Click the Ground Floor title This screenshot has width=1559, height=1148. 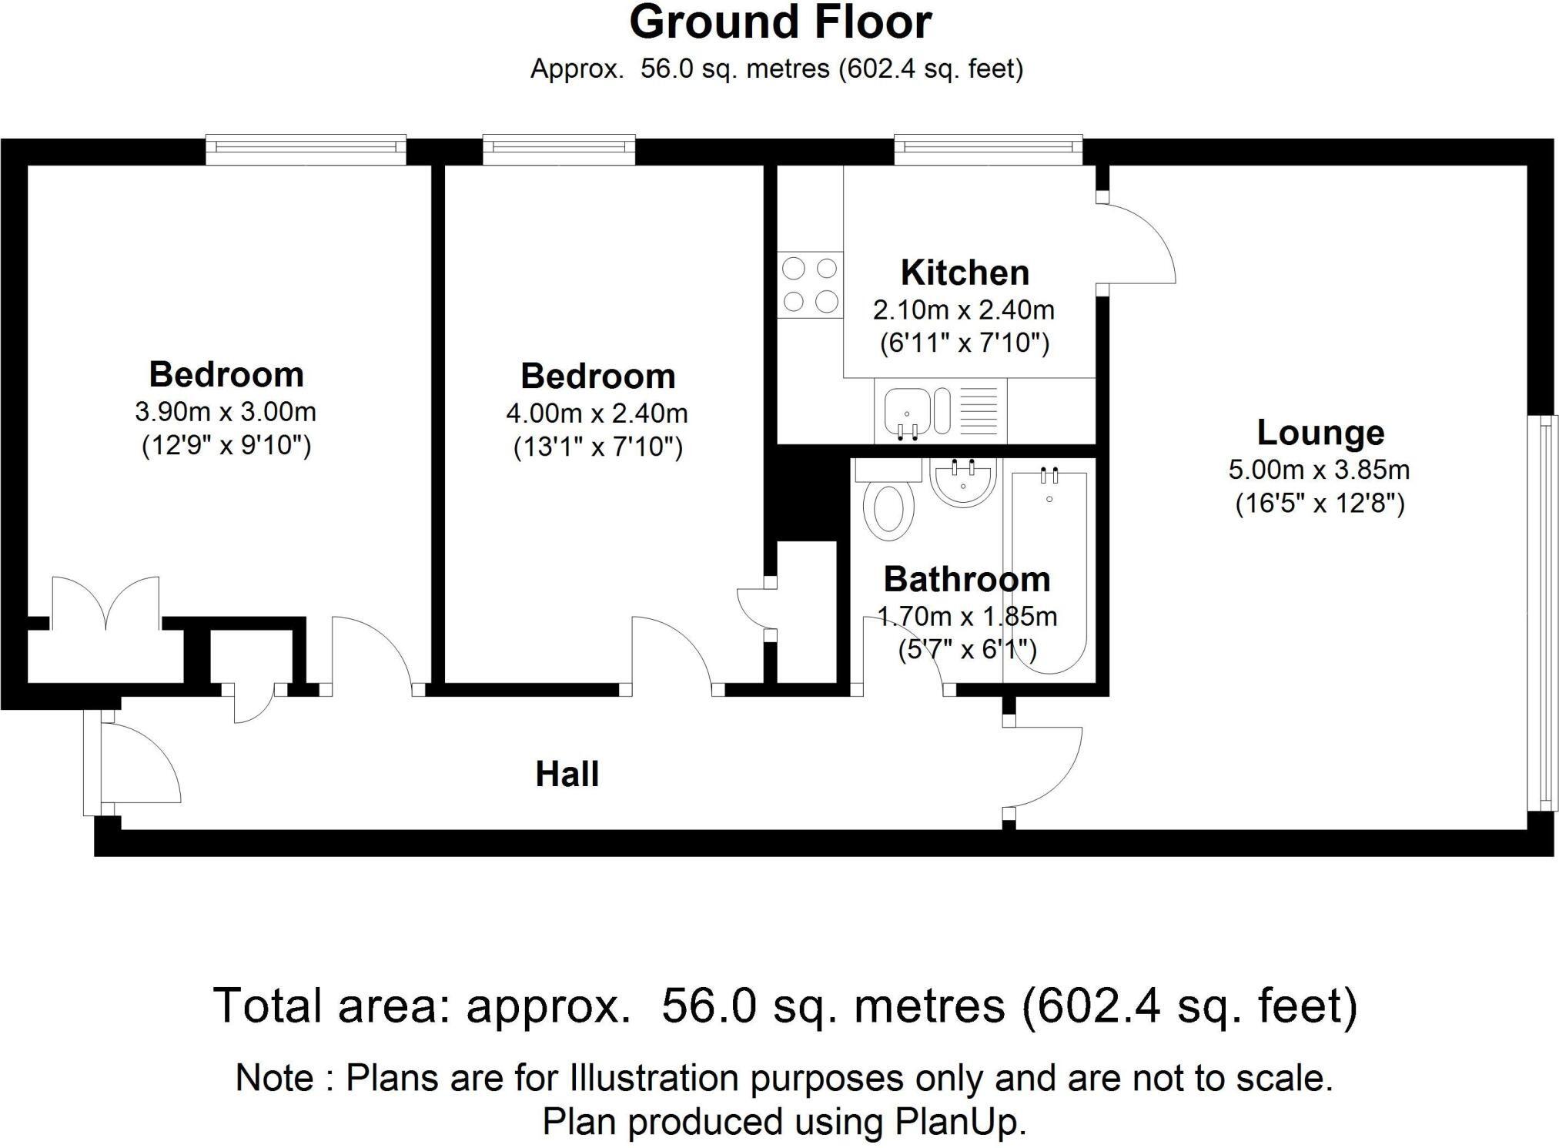point(780,23)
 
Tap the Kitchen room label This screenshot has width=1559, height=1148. point(965,273)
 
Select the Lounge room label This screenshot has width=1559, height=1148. point(1320,432)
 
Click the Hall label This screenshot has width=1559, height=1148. point(567,774)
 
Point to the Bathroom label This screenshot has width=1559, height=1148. point(967,579)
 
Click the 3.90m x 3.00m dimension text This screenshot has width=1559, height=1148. point(226,412)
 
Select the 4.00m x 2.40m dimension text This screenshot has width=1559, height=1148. point(597,413)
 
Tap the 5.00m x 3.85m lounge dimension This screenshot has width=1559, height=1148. point(1319,469)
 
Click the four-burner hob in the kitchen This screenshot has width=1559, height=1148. point(810,285)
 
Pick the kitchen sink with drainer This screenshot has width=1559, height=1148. point(940,411)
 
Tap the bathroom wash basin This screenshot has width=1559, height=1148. point(963,483)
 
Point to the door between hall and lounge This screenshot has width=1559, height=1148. point(1043,766)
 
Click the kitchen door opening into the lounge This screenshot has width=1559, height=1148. point(1136,243)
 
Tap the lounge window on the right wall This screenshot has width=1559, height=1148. point(1542,612)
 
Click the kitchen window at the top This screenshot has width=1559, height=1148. point(988,150)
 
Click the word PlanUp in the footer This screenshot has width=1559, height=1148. point(959,1122)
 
